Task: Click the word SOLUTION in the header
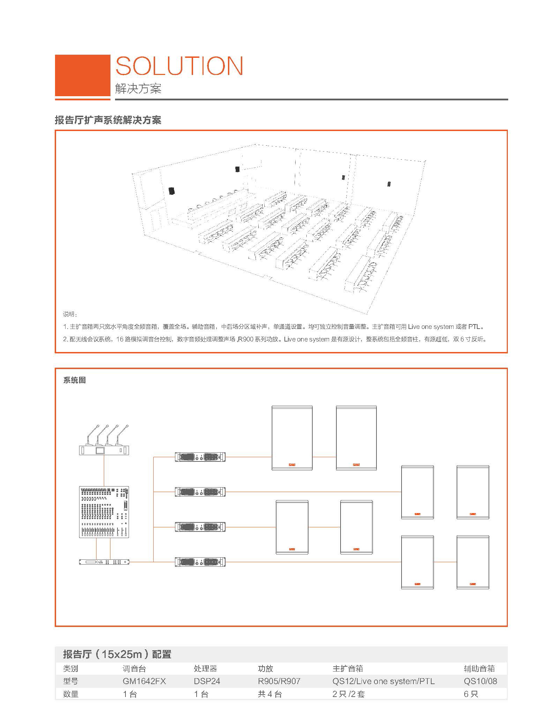coord(179,66)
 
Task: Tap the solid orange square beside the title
coord(83,75)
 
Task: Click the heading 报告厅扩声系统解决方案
coord(108,120)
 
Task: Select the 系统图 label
coord(74,380)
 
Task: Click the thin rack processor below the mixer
coord(104,562)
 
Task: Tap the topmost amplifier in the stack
coord(200,457)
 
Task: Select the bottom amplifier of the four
coord(200,562)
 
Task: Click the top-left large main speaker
coord(292,438)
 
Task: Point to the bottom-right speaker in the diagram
coord(473,562)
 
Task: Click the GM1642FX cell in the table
coord(144,681)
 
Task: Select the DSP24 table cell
coord(207,681)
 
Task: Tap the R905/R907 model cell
coord(279,681)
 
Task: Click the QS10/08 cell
coord(480,681)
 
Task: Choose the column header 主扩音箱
coord(348,668)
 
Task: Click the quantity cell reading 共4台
coord(270,694)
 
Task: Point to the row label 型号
coord(71,681)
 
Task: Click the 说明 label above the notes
coord(70,314)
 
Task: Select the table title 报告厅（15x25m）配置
coord(117,654)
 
